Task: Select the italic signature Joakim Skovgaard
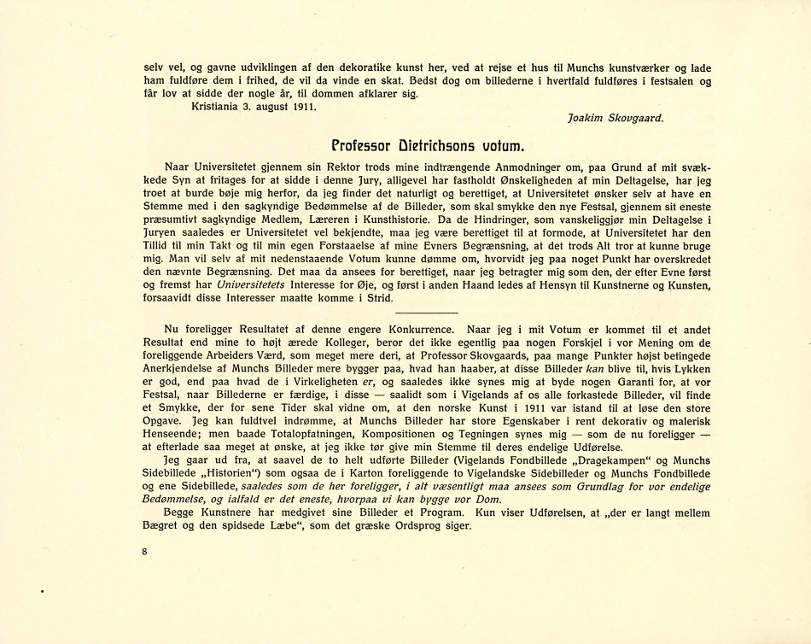point(615,119)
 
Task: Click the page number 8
point(146,552)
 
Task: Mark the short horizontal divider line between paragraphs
point(427,313)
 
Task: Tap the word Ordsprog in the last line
point(413,526)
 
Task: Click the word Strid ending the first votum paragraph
point(379,298)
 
